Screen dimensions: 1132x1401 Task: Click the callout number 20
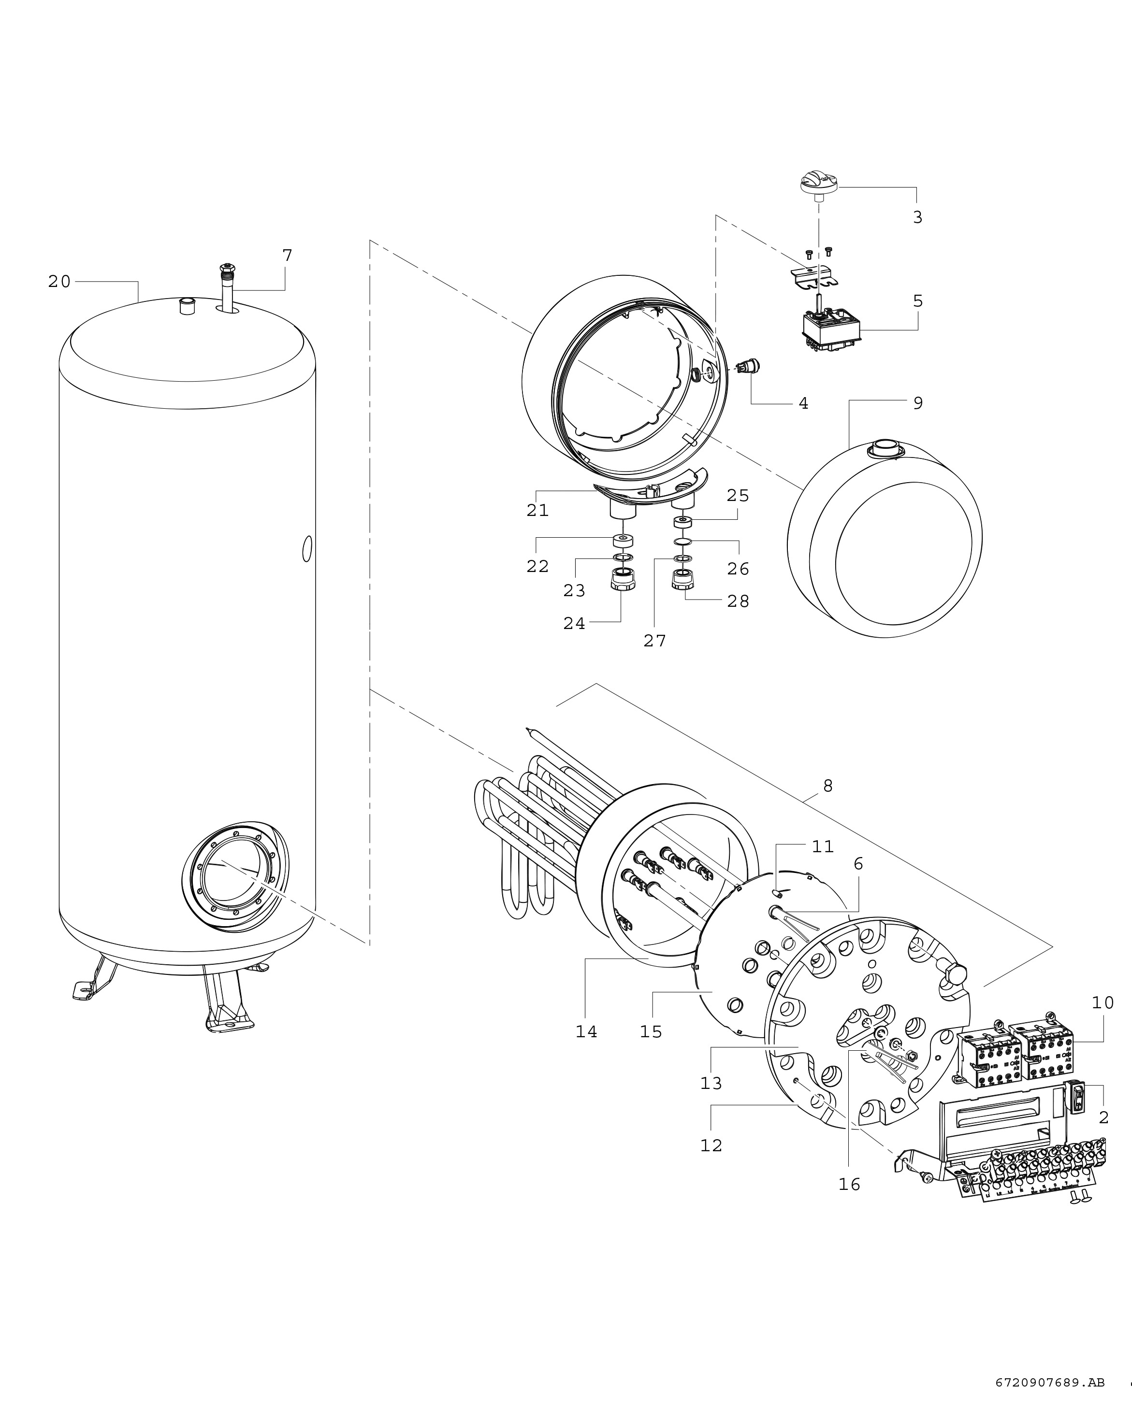pos(59,282)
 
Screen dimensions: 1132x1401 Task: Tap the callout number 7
pos(288,256)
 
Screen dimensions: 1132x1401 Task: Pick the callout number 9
pos(917,403)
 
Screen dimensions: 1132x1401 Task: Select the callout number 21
pos(538,510)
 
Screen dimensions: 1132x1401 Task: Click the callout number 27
pos(654,641)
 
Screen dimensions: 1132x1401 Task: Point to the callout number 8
pos(827,786)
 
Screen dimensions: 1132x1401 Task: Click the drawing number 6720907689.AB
pos(1050,1377)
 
